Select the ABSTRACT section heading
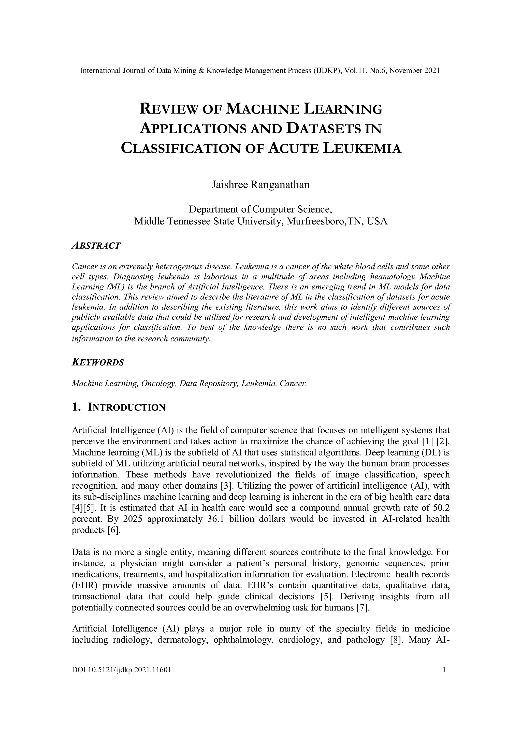pos(96,246)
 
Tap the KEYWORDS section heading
pos(98,363)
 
